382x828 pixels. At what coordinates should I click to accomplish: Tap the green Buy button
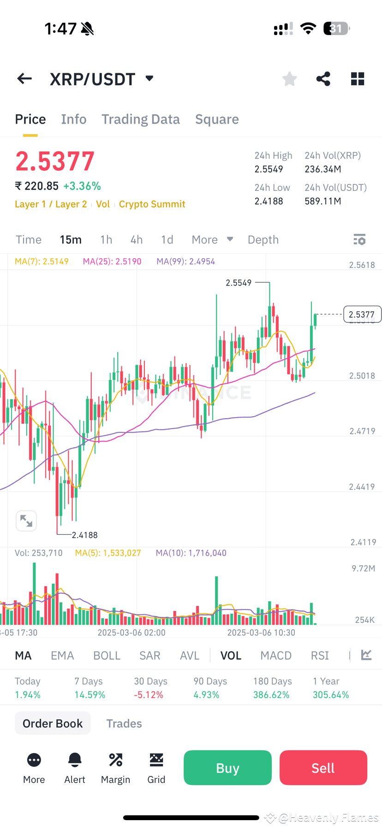tap(227, 768)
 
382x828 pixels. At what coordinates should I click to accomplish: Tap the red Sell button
tap(323, 768)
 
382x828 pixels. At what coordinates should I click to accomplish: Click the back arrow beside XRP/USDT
tap(24, 79)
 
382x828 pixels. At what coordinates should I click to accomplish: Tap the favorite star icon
tap(289, 79)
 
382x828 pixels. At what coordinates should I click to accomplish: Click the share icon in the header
tap(323, 79)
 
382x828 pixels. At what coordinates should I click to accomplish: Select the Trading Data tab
tap(140, 119)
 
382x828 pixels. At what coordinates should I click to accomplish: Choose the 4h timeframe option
tap(136, 240)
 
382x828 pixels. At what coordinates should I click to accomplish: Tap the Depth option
tap(263, 240)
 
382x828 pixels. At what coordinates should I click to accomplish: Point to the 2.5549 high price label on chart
tap(239, 283)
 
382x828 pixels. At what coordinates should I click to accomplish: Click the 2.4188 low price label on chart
tap(84, 535)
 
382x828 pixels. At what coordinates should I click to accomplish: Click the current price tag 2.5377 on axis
tap(362, 314)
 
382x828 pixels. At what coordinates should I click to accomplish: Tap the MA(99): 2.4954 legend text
tap(185, 261)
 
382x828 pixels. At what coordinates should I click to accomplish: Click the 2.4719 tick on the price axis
tap(362, 432)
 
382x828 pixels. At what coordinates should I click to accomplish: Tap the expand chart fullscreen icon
tap(26, 521)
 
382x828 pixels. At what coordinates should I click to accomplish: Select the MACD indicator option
tap(276, 656)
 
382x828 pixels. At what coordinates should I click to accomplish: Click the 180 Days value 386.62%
tap(271, 695)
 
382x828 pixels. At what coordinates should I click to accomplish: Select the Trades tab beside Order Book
tap(124, 723)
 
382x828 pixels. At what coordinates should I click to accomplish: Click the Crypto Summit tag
tap(152, 204)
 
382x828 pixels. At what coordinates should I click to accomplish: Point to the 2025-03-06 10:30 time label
tap(261, 633)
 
